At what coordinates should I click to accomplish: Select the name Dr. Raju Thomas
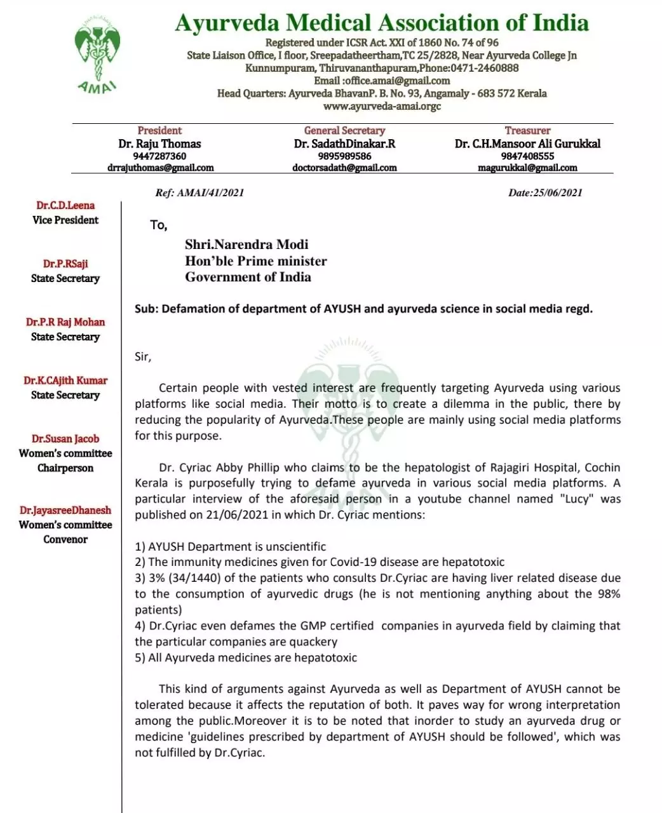159,144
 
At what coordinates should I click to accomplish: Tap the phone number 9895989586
344,156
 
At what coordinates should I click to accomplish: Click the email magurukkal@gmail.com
527,168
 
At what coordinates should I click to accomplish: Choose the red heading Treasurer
527,131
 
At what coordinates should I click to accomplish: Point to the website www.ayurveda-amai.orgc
382,106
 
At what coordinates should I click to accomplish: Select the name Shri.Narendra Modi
247,245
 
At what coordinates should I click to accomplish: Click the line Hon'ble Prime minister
256,261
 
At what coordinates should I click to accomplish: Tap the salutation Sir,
143,356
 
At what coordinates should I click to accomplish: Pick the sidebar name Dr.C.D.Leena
65,206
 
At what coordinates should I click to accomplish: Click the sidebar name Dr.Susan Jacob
65,439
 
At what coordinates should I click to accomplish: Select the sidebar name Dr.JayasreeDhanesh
65,510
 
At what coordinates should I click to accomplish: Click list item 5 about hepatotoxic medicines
246,658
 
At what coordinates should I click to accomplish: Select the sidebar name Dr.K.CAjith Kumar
65,380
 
